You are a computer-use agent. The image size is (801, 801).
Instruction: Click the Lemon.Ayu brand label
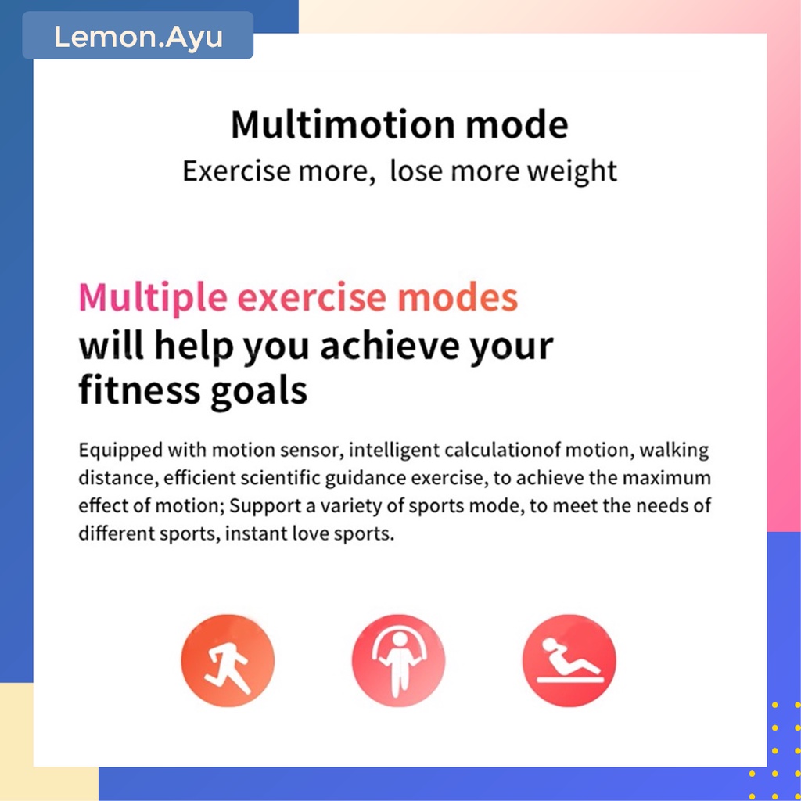(138, 37)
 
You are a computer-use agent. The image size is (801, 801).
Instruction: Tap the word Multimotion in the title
(343, 124)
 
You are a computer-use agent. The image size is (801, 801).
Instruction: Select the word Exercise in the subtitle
(237, 171)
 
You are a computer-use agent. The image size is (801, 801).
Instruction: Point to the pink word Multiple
(153, 298)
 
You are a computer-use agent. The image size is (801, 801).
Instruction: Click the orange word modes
(458, 297)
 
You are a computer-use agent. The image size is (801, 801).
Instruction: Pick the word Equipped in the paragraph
(120, 451)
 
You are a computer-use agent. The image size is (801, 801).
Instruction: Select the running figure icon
(228, 660)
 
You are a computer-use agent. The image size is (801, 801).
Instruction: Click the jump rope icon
(398, 660)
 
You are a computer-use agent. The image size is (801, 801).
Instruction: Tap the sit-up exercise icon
(569, 660)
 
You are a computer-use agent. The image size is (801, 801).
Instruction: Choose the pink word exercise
(312, 298)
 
